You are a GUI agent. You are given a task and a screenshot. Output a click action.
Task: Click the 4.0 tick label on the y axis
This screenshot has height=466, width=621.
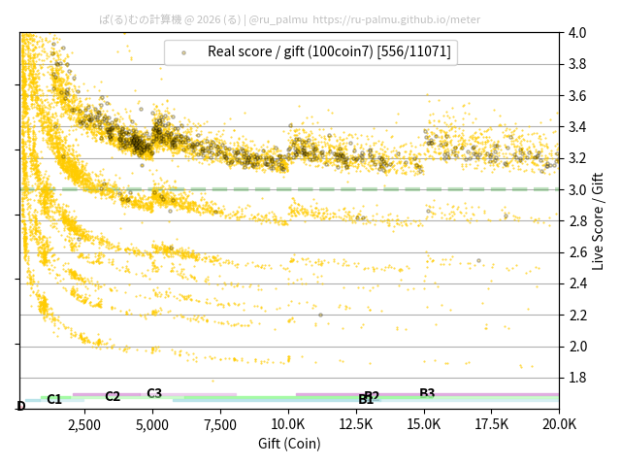(577, 33)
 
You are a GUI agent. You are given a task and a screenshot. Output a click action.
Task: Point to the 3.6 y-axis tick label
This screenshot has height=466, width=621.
(577, 96)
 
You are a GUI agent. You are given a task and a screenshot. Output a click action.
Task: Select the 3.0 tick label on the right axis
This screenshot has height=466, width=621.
(577, 189)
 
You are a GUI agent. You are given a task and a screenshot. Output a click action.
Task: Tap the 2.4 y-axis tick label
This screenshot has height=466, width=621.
(577, 283)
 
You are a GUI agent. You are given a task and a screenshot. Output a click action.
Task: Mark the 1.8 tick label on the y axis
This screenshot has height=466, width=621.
(577, 378)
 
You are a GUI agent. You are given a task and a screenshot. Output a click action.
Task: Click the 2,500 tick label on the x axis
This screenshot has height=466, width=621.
(84, 424)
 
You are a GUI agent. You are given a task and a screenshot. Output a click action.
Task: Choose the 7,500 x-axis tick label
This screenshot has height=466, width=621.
(220, 424)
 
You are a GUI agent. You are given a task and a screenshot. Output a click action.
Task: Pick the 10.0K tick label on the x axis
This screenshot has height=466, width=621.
(288, 424)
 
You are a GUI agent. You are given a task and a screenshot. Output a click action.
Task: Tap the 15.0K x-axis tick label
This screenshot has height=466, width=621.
(424, 424)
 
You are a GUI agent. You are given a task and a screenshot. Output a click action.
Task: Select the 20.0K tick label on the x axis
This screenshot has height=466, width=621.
(558, 424)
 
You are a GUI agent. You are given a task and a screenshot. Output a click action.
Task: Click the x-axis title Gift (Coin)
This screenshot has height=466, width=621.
(289, 444)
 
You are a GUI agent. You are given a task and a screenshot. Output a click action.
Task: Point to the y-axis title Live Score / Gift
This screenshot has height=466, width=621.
(598, 220)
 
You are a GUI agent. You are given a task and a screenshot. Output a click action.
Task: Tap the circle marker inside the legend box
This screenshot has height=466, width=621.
(183, 52)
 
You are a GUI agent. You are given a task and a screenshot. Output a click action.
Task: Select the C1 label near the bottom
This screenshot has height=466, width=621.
(54, 399)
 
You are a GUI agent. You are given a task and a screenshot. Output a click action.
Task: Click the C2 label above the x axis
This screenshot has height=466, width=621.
(113, 396)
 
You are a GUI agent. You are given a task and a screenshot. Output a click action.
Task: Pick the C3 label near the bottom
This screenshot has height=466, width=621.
(154, 393)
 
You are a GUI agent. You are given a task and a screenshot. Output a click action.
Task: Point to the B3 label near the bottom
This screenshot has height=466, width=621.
(427, 393)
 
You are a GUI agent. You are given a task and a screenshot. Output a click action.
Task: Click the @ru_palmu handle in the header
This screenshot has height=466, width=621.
(278, 18)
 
